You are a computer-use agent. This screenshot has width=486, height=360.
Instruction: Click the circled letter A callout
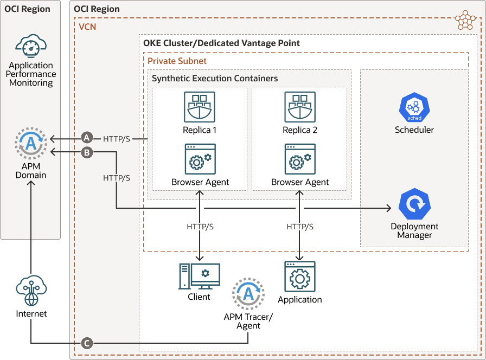coord(86,139)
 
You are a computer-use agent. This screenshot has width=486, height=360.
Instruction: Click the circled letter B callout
coord(86,153)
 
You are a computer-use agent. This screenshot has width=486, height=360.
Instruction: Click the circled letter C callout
coord(86,343)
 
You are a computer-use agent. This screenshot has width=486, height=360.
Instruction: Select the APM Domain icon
coord(31,144)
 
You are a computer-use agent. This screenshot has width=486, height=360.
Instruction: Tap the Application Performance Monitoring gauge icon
coord(31,47)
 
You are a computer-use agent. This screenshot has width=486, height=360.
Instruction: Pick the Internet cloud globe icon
coord(31,291)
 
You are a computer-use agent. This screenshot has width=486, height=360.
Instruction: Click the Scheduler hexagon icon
coord(414,108)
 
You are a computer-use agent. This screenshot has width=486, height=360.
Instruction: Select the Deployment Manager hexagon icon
coord(414,204)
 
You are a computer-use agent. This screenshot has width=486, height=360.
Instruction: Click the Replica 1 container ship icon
coord(200,107)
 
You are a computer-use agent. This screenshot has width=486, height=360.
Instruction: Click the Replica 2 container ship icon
coord(300,107)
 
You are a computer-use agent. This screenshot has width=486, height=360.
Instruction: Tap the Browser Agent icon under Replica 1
coord(200,159)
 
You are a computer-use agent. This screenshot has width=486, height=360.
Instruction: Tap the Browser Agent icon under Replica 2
coord(300,159)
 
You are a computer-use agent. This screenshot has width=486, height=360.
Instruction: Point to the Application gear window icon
coord(300,277)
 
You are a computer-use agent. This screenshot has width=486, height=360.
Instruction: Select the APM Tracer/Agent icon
coord(248,294)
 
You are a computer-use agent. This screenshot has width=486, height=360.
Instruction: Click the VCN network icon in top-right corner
coord(465,20)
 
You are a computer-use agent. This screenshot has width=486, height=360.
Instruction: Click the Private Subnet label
coord(177,61)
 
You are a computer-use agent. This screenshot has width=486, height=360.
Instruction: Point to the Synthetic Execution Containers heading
coord(215,78)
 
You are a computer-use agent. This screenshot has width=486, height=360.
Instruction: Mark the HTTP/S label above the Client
coord(200,226)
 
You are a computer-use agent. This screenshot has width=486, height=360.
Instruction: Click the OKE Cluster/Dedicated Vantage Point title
coord(221,43)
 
